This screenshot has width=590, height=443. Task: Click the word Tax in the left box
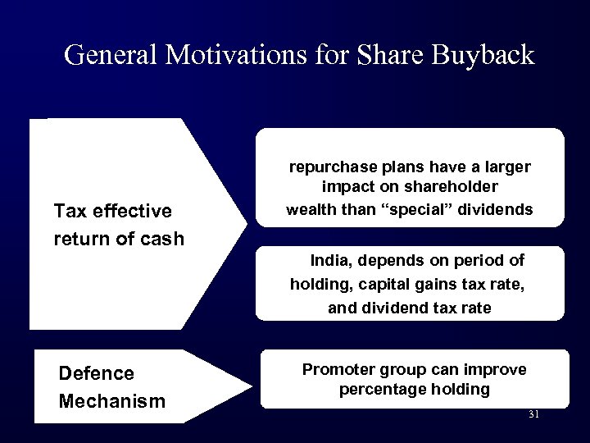coord(69,212)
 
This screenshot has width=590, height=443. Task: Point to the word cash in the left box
coord(164,240)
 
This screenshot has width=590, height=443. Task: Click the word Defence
coord(97,373)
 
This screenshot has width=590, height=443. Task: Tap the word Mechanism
coord(112,401)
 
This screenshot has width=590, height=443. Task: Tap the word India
coord(330,260)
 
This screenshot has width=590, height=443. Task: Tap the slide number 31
coord(533,414)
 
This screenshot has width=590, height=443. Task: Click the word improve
coord(499,369)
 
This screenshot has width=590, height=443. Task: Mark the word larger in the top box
coord(508,167)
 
